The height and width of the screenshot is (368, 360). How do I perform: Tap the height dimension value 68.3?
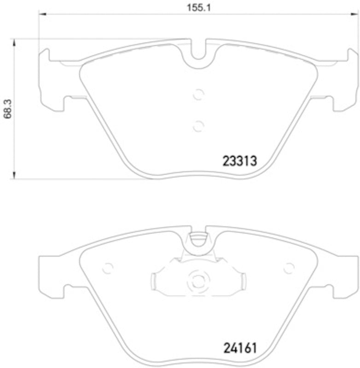tap(7, 109)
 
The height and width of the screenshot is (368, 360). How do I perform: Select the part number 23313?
tap(239, 161)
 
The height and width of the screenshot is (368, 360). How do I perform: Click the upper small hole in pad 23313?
tap(198, 94)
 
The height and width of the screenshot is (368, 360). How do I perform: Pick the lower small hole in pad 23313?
tap(198, 125)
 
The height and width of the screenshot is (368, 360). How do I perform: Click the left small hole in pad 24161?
tap(108, 268)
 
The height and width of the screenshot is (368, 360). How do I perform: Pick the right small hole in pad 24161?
tap(289, 268)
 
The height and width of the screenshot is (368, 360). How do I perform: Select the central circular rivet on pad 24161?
tap(198, 280)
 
